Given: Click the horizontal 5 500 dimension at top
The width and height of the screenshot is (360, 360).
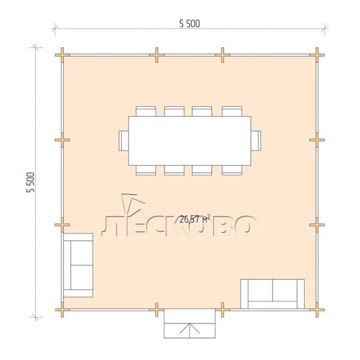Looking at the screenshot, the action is pos(190,24).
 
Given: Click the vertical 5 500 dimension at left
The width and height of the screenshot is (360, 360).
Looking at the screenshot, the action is pos(31,182).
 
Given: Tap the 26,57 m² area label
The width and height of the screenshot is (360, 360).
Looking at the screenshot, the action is pos(194,219).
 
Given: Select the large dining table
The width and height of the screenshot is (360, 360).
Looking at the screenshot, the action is pos(190,141).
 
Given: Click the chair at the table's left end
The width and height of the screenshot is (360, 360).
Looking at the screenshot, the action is pos(124,140).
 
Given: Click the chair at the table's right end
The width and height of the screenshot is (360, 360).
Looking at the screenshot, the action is pos(256,140).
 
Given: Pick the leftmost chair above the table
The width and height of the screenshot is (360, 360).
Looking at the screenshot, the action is pos(146,112).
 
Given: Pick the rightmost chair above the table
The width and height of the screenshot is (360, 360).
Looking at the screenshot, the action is pos(232,112).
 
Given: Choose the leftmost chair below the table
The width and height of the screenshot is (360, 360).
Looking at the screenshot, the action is pos(146,170).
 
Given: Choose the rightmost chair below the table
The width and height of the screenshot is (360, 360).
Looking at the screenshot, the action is pos(232,170).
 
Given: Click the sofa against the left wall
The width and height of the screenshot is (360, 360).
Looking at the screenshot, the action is pos(78,265).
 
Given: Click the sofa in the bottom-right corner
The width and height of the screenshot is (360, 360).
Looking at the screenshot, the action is pos(272,294).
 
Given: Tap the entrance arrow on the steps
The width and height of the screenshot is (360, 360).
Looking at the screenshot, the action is pos(190,329).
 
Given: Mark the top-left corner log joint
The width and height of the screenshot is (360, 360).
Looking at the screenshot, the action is pos(62,55).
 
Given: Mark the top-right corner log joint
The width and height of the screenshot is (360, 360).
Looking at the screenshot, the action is pos(317,55).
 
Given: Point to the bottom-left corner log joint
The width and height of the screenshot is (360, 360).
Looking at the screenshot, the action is pos(62,310).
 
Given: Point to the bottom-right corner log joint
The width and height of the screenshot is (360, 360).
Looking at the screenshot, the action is pos(317,310).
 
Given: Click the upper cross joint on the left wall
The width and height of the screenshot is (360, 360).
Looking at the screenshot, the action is pos(62,140).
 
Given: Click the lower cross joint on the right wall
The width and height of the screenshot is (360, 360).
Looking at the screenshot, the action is pos(317,225).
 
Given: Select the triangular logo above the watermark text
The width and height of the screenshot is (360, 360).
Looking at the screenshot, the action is pos(133,204).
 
